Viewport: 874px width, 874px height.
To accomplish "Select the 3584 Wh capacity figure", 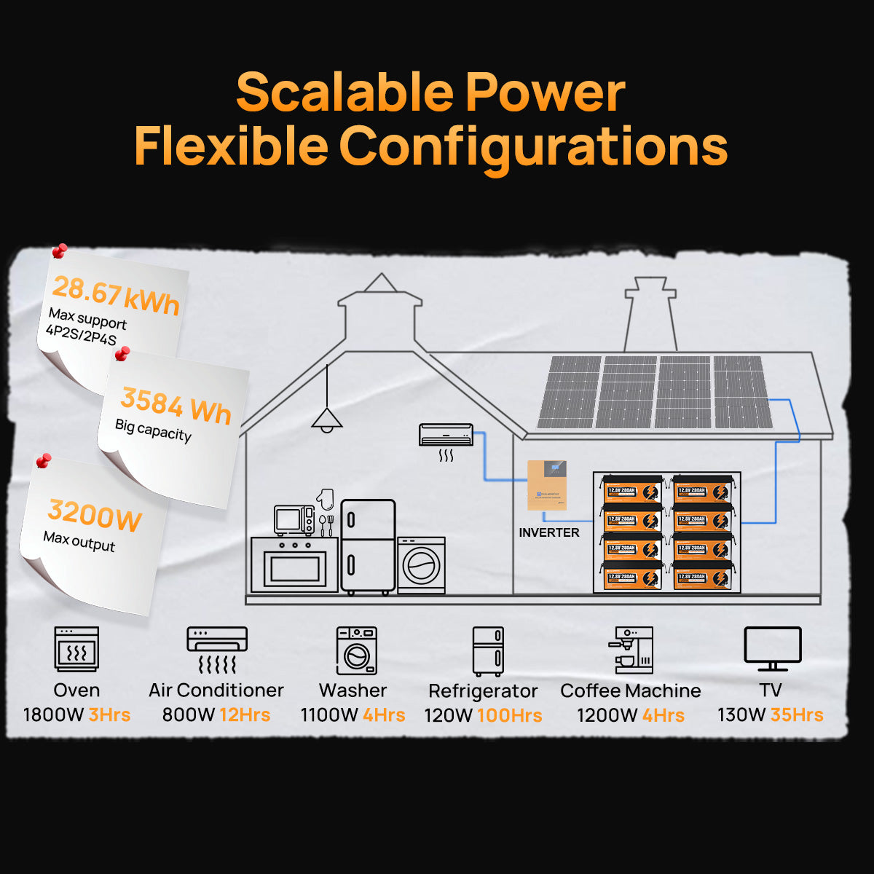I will (176, 406).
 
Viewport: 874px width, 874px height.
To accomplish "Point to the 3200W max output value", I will (95, 516).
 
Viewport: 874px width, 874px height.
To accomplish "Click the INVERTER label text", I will (549, 532).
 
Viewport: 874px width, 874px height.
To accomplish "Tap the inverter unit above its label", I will (547, 485).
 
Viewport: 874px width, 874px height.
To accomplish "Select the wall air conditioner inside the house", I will (446, 435).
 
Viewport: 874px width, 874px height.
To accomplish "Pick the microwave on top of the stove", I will (294, 520).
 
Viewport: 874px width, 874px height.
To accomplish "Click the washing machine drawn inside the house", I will (421, 565).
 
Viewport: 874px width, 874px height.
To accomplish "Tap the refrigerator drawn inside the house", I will (368, 546).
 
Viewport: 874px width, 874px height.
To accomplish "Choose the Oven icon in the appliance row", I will (76, 649).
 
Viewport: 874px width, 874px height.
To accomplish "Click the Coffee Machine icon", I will (631, 650).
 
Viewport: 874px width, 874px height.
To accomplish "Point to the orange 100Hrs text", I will (510, 715).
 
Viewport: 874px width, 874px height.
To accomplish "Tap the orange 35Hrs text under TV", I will (797, 714).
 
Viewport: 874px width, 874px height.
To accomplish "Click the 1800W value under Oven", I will (53, 714).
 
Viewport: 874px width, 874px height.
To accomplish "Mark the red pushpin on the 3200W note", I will (44, 461).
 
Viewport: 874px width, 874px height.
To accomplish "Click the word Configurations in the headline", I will (533, 146).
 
